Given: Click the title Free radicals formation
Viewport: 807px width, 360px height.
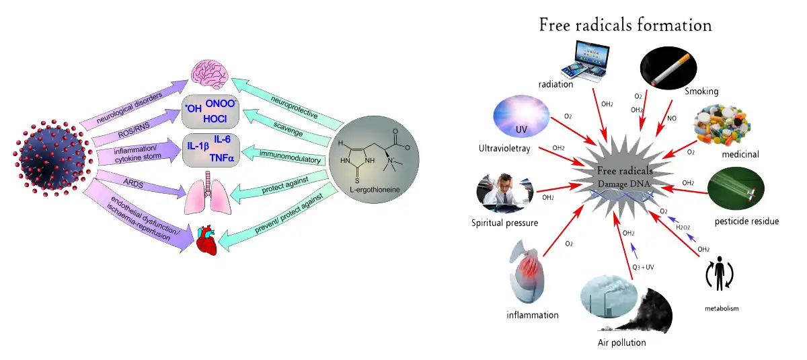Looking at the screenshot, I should [x=625, y=26].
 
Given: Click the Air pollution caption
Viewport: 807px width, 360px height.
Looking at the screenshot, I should [x=621, y=343].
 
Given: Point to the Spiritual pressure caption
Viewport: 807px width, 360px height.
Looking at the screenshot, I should [x=505, y=223].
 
